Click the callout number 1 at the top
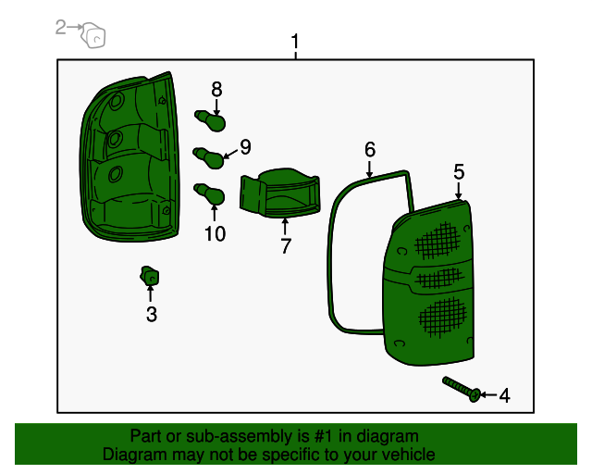pyautogui.click(x=295, y=42)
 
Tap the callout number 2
pyautogui.click(x=61, y=28)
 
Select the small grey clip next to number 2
pyautogui.click(x=93, y=36)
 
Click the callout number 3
pyautogui.click(x=152, y=315)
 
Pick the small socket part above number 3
pyautogui.click(x=149, y=276)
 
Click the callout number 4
pyautogui.click(x=504, y=396)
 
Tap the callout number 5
pyautogui.click(x=459, y=171)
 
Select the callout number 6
pyautogui.click(x=370, y=149)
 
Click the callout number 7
pyautogui.click(x=286, y=246)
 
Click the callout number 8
pyautogui.click(x=216, y=89)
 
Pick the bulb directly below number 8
pyautogui.click(x=210, y=121)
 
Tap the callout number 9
pyautogui.click(x=245, y=146)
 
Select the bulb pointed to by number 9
pyautogui.click(x=209, y=157)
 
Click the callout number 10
pyautogui.click(x=215, y=234)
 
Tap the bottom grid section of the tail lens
pyautogui.click(x=440, y=317)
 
